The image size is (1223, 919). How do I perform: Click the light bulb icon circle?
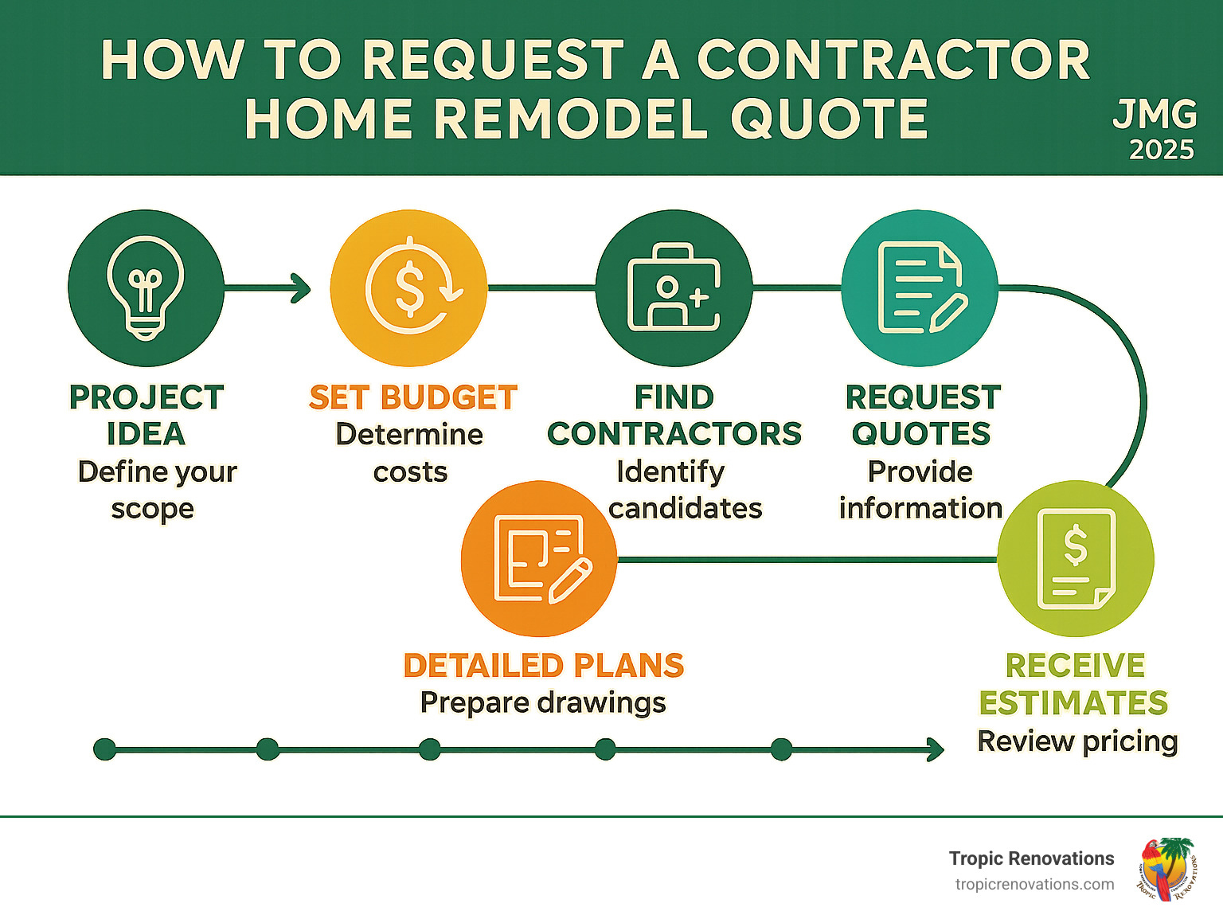click(146, 288)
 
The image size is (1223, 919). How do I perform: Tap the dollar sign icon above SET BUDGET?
click(408, 288)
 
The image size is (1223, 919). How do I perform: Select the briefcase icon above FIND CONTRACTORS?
click(674, 288)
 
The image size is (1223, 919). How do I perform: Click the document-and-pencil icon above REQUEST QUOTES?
click(920, 288)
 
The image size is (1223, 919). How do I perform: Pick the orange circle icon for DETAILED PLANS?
click(539, 558)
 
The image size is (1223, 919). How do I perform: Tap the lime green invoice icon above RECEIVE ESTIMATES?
click(1076, 558)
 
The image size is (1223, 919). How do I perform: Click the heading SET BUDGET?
click(413, 397)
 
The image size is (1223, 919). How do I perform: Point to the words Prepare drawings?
click(543, 702)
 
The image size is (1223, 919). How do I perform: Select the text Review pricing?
click(1077, 741)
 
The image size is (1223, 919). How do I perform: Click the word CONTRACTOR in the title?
click(893, 60)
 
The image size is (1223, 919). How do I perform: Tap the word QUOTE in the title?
click(829, 119)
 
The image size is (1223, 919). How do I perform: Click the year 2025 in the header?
click(1162, 150)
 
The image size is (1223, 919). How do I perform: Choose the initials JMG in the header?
click(1155, 115)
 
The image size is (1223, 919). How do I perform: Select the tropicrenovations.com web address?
click(1034, 885)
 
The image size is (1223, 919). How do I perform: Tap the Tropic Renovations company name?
click(1031, 858)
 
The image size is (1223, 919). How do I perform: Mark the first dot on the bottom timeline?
click(104, 749)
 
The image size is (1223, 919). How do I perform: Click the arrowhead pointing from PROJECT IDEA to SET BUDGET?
click(302, 288)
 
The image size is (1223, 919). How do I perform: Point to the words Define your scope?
click(156, 490)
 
